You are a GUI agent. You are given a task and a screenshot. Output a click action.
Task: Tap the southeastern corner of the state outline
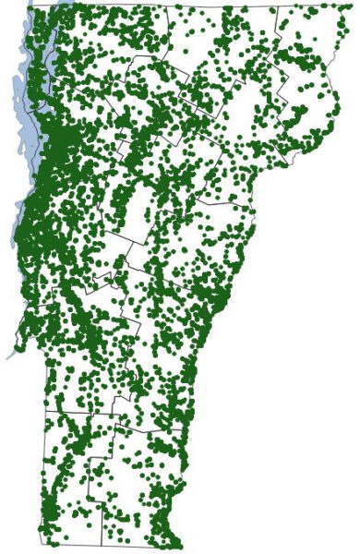pos(181,546)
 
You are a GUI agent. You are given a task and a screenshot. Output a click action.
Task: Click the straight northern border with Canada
pos(185,6)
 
